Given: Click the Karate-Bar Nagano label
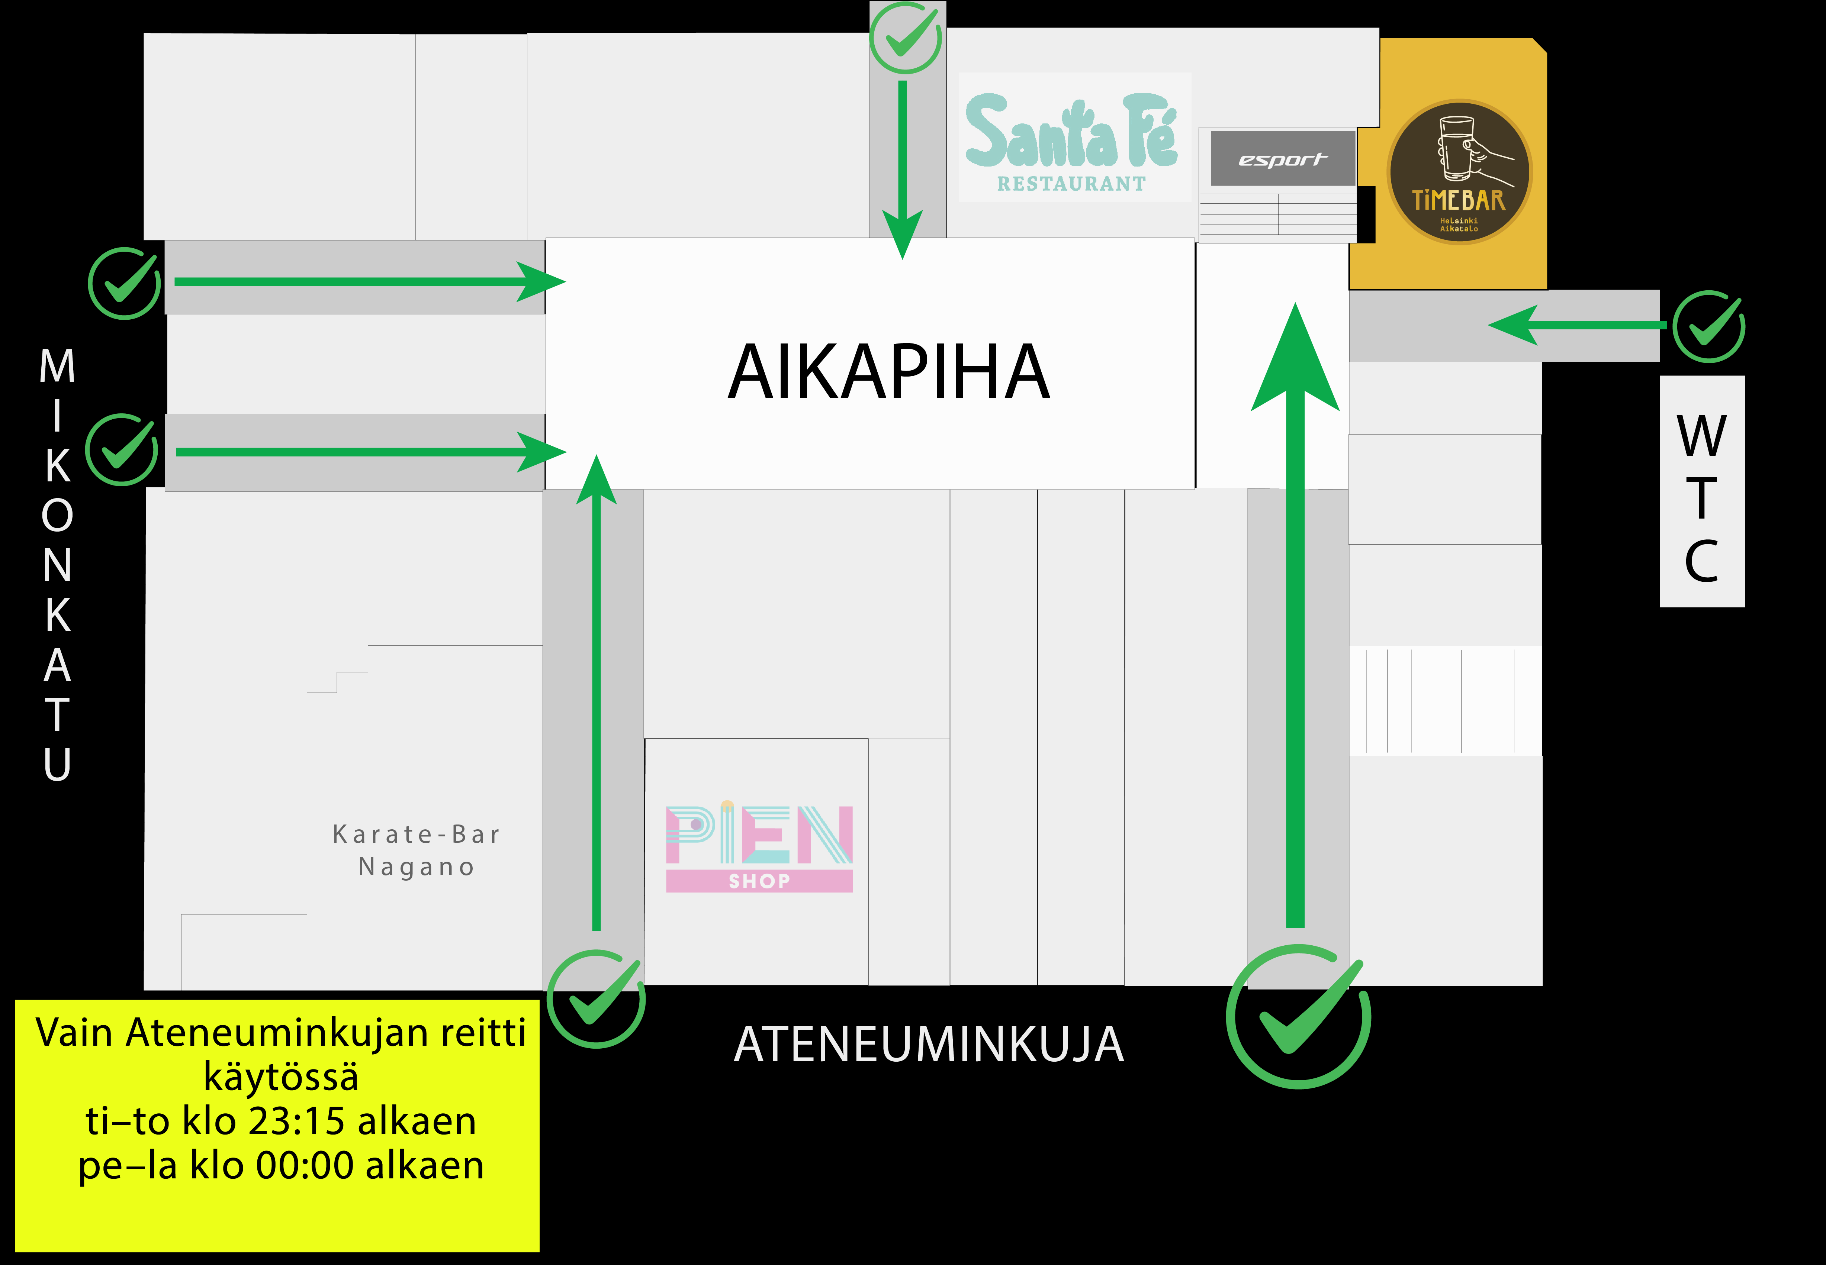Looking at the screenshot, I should click(416, 851).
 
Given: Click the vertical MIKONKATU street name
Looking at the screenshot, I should click(57, 564).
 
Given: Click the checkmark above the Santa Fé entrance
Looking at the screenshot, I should click(906, 37).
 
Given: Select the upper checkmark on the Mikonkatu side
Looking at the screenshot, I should click(125, 283).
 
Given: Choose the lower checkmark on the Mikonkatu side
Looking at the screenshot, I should click(121, 449).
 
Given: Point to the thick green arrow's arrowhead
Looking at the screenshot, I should click(1295, 361).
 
